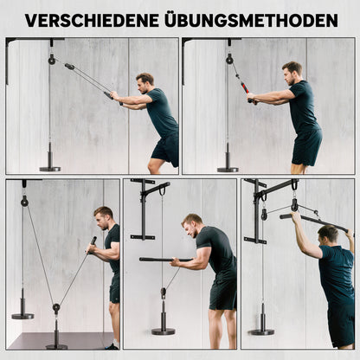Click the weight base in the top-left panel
coord(49,166)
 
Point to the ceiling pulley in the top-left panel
coord(52,60)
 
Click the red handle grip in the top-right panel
coord(248,93)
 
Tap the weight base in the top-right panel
coord(228,167)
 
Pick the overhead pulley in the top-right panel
coord(230,59)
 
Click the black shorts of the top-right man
coord(305,146)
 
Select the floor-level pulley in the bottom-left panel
coord(55,309)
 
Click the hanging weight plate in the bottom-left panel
coord(22,313)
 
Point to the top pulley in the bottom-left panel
coord(24,200)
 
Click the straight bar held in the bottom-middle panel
coord(164,259)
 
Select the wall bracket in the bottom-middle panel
coord(142,208)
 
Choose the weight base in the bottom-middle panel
coord(163,329)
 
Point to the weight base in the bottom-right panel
coord(261,330)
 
